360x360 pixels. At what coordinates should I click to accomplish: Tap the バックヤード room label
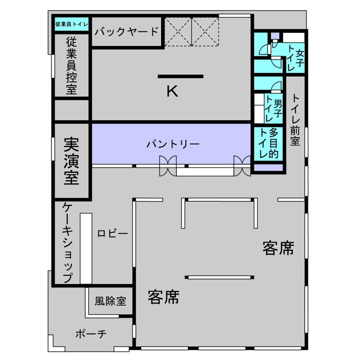(127, 32)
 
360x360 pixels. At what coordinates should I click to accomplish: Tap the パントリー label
(173, 144)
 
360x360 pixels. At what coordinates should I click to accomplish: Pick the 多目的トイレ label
(269, 143)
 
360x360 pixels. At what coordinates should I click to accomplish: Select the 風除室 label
(110, 301)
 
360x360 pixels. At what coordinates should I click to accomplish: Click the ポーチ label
(91, 334)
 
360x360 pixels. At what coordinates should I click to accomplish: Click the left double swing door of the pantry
(167, 165)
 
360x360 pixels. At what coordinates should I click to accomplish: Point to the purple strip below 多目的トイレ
(269, 167)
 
